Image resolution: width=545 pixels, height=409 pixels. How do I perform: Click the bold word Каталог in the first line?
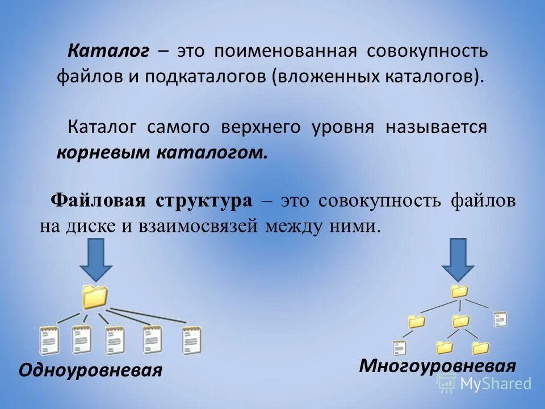tap(108, 52)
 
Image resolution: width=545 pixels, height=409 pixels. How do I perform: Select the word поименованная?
tap(286, 52)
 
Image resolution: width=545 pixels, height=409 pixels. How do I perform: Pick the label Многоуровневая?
tap(437, 365)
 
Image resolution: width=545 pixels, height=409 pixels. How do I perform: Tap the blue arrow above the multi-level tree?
tap(458, 259)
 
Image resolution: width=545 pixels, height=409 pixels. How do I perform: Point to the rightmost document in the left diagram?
tap(191, 340)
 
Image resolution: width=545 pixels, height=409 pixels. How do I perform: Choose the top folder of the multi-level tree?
tap(458, 291)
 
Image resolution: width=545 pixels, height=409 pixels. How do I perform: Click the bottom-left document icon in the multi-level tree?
tap(400, 347)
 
